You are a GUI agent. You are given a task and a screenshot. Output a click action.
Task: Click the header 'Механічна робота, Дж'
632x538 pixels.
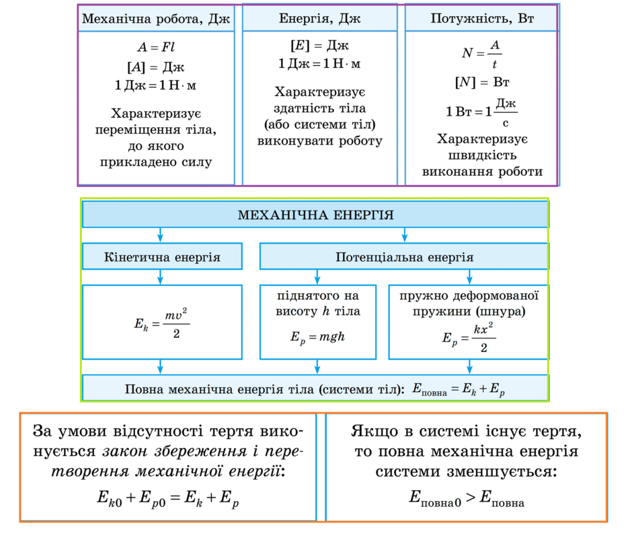156,19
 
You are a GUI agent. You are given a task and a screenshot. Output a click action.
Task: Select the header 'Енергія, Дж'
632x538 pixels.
319,18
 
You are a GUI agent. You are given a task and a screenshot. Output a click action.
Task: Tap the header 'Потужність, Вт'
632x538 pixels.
482,18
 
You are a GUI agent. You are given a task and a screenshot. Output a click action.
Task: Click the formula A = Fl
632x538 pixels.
156,47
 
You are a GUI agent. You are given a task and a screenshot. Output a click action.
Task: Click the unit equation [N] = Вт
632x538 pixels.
482,82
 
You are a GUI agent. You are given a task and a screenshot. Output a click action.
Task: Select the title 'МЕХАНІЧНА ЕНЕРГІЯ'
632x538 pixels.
315,215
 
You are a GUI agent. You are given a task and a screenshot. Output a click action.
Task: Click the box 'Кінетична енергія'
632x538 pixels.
162,256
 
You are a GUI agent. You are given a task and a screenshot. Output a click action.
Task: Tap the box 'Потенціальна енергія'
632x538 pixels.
404,256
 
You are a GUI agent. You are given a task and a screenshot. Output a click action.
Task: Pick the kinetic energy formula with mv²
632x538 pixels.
162,323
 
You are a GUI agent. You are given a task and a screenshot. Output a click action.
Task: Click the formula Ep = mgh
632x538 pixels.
317,337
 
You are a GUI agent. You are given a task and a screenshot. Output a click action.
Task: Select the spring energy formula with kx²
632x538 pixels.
469,338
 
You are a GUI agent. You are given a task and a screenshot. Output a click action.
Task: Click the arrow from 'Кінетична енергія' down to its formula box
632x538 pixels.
161,277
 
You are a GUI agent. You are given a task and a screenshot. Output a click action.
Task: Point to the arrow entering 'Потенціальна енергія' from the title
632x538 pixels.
405,235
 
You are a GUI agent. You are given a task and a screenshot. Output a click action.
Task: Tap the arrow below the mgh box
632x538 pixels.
317,367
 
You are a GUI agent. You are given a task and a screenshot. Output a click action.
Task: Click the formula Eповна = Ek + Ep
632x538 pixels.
459,389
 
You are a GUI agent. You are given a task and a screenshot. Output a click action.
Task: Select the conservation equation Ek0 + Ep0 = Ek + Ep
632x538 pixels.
167,498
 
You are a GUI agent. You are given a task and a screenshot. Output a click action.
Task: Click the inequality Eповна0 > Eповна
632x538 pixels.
467,498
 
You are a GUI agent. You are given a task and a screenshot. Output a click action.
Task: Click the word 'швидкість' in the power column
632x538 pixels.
482,155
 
